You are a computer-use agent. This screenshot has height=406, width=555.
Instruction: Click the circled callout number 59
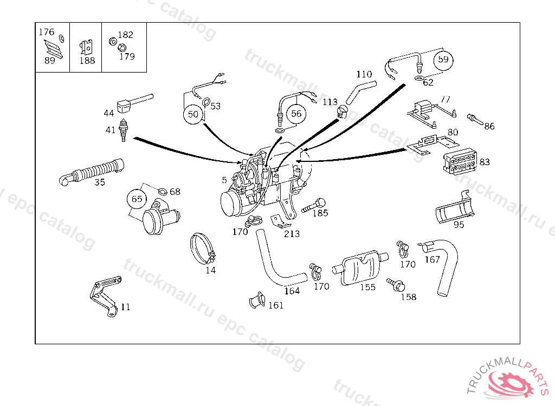pyautogui.click(x=443, y=60)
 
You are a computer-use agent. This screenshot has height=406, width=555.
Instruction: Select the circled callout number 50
pyautogui.click(x=193, y=114)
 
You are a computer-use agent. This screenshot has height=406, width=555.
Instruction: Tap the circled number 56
pyautogui.click(x=296, y=114)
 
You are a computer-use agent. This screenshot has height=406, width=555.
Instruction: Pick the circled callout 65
pyautogui.click(x=137, y=199)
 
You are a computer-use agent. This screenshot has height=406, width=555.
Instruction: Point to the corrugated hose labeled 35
pyautogui.click(x=93, y=171)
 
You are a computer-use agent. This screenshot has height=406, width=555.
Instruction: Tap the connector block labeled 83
pyautogui.click(x=459, y=162)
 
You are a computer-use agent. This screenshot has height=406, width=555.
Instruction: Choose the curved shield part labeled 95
pyautogui.click(x=455, y=211)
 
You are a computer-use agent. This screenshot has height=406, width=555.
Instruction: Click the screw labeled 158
pyautogui.click(x=395, y=283)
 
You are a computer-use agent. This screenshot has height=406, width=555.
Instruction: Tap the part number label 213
pyautogui.click(x=292, y=234)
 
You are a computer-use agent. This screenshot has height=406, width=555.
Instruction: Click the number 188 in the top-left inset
pyautogui.click(x=87, y=61)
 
